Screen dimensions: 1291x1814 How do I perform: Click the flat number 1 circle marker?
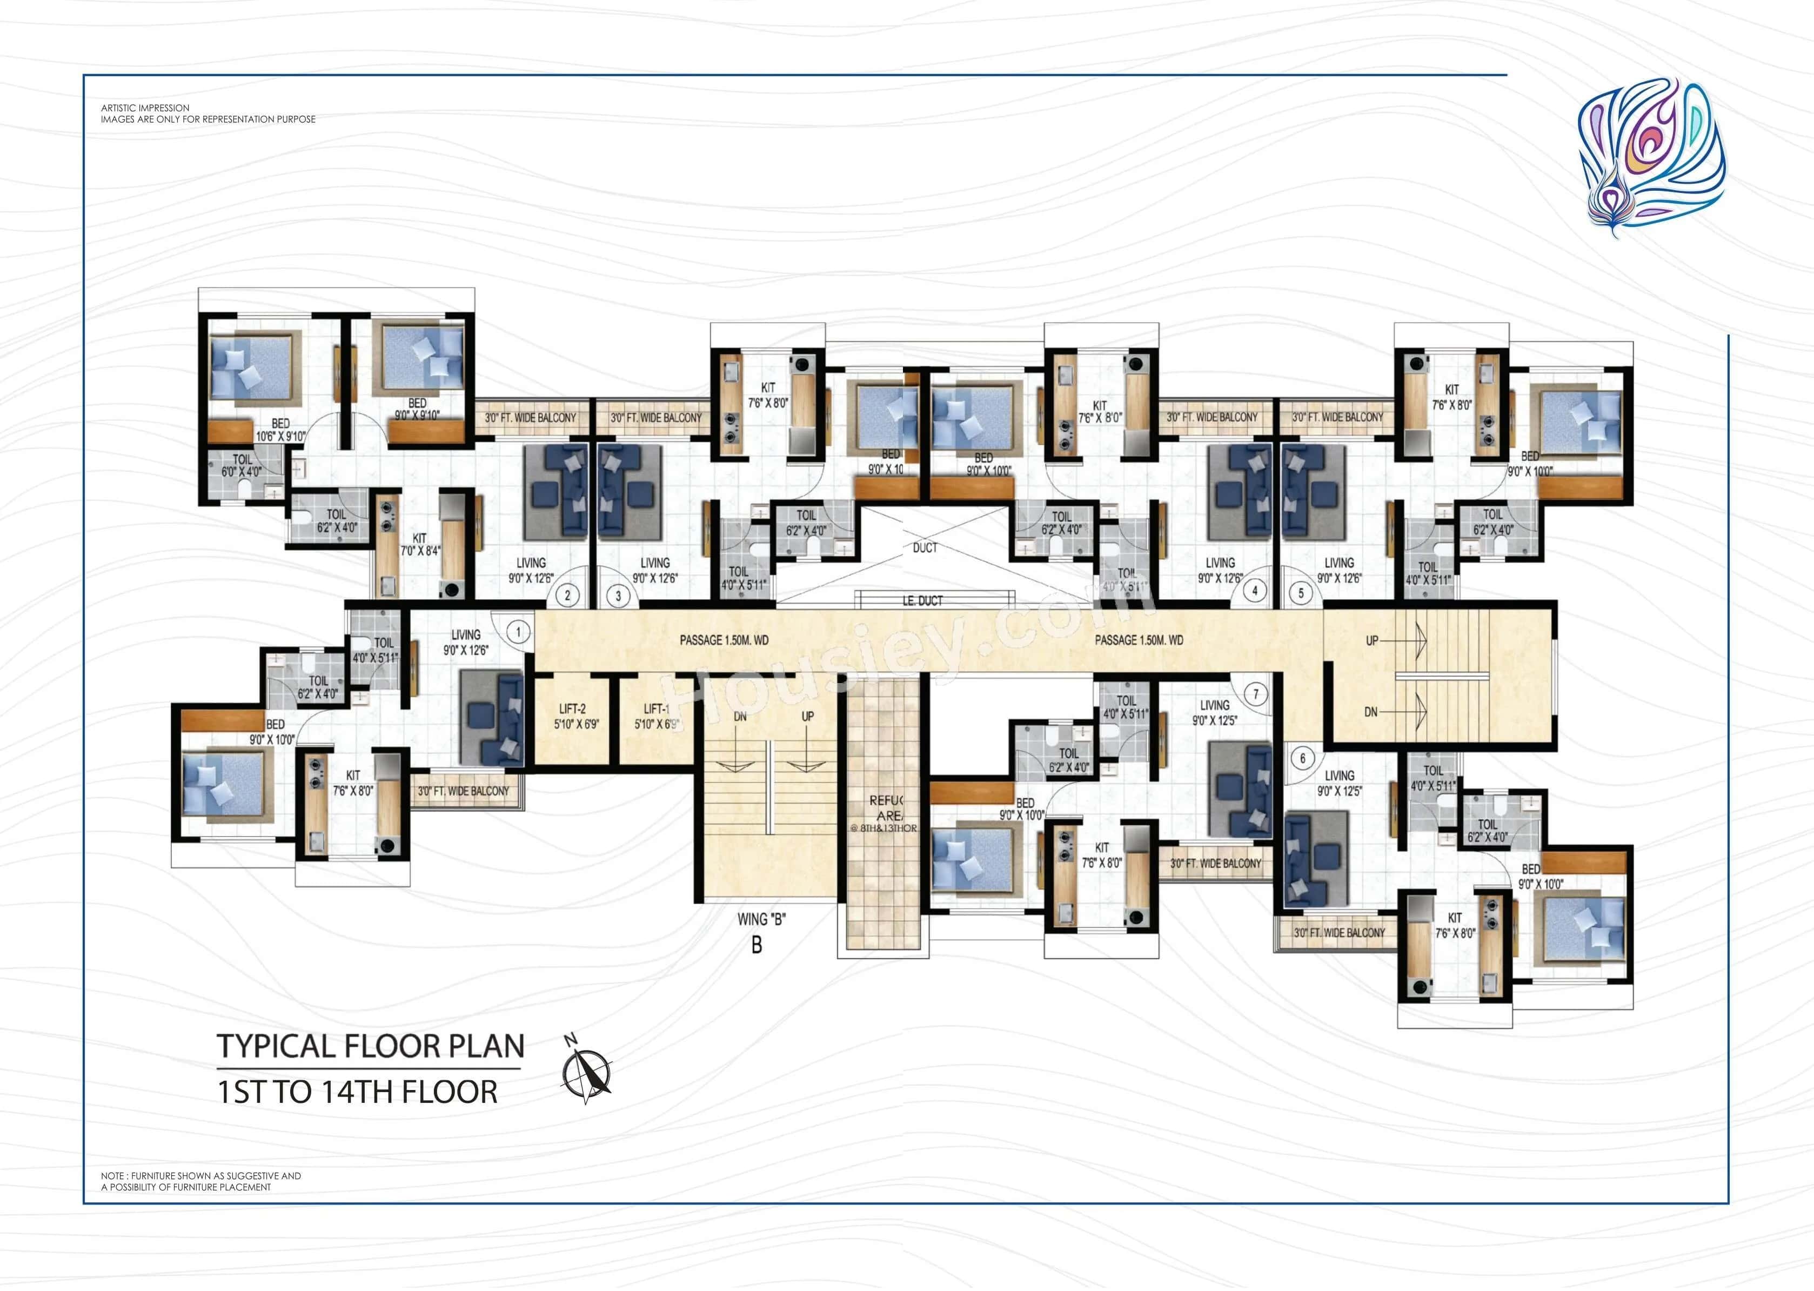(x=518, y=632)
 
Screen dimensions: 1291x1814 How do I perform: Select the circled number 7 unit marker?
(x=1256, y=694)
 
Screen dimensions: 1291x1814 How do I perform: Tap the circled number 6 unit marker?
(x=1302, y=758)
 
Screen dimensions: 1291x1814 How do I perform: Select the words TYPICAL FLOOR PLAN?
(x=371, y=1046)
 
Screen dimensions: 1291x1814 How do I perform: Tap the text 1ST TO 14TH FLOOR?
(x=358, y=1092)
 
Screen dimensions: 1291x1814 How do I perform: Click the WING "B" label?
(x=761, y=920)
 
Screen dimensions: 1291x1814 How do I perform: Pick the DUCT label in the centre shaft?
(x=925, y=548)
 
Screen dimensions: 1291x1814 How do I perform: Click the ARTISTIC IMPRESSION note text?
(x=145, y=108)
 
